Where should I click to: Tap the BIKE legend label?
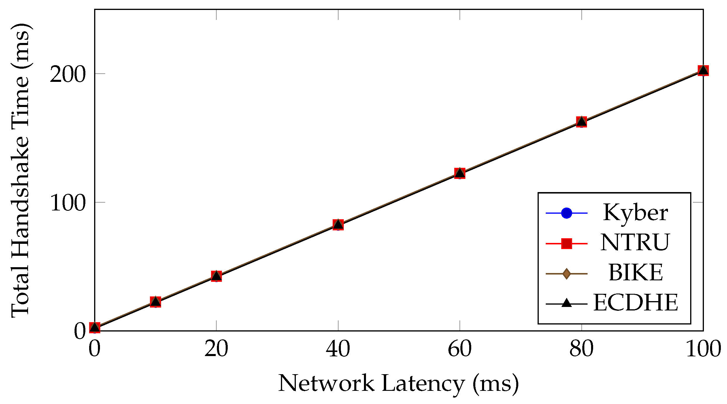pyautogui.click(x=636, y=273)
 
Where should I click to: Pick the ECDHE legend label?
pyautogui.click(x=636, y=303)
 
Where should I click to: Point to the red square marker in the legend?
pyautogui.click(x=567, y=243)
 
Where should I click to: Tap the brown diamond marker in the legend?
pyautogui.click(x=567, y=274)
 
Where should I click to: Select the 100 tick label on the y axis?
pyautogui.click(x=68, y=203)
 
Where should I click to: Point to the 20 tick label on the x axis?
pyautogui.click(x=216, y=349)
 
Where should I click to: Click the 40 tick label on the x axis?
pyautogui.click(x=338, y=349)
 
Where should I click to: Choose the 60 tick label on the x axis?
pyautogui.click(x=460, y=349)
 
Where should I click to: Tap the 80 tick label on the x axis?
pyautogui.click(x=582, y=349)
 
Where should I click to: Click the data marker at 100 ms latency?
pyautogui.click(x=703, y=70)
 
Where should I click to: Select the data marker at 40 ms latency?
pyautogui.click(x=338, y=225)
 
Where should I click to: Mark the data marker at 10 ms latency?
pyautogui.click(x=156, y=302)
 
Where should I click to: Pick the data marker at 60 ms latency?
pyautogui.click(x=460, y=173)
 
